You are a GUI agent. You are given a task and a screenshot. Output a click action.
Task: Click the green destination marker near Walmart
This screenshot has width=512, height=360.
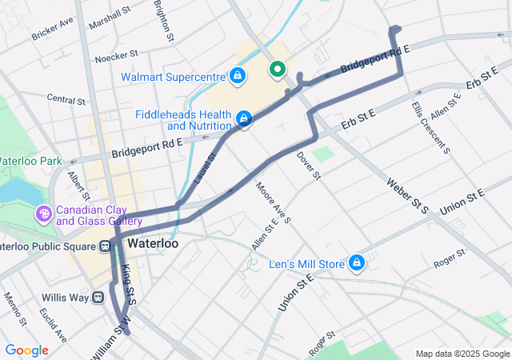click(278, 70)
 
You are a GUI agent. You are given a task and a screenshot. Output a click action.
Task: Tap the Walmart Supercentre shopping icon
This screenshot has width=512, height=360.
click(237, 76)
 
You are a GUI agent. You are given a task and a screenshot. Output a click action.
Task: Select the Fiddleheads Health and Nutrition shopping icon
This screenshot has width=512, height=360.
click(242, 119)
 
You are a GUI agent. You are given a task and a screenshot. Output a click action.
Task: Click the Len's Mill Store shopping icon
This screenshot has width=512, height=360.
click(356, 262)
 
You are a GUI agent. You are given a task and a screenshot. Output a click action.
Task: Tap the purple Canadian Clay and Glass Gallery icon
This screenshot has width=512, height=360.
click(42, 214)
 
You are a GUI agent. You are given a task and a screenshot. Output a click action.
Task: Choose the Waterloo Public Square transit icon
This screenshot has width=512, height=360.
click(106, 246)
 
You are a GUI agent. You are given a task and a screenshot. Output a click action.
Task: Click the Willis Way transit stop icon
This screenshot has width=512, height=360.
click(98, 297)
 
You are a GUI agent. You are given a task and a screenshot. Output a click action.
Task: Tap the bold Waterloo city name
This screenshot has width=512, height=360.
click(151, 242)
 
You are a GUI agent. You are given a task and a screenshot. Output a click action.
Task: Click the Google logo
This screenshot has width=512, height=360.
click(26, 350)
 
